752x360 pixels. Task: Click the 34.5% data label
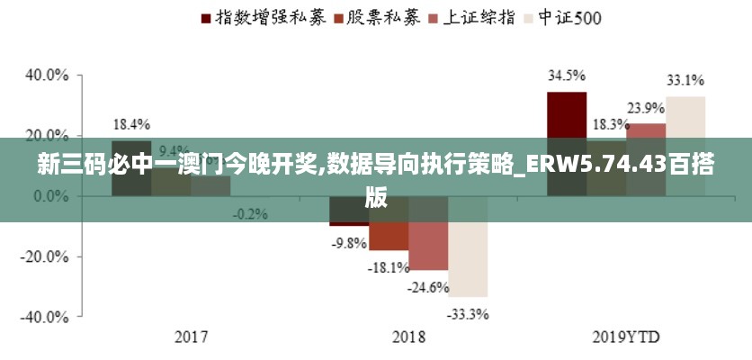pos(567,76)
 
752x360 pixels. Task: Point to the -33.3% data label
pos(469,314)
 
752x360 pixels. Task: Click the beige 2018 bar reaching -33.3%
pos(468,261)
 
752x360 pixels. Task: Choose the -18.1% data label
pos(389,267)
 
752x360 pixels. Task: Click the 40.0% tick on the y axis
pos(47,75)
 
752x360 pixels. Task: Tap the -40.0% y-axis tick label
pos(45,317)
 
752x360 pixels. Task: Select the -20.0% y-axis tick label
pos(45,256)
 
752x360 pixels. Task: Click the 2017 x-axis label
pos(191,338)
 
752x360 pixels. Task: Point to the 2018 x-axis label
pos(408,338)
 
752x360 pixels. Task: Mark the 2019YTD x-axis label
pos(626,338)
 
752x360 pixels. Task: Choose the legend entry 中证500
pos(568,16)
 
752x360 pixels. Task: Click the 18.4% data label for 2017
pos(131,124)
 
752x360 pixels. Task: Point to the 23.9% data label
pos(646,108)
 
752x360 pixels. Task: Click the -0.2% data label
pos(250,213)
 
